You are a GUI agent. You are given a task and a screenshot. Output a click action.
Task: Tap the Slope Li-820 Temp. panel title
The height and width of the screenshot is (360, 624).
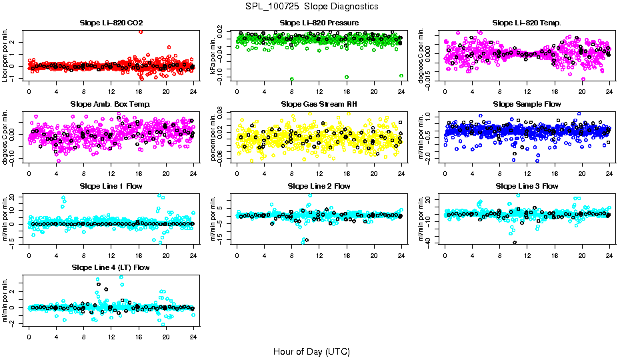(527, 23)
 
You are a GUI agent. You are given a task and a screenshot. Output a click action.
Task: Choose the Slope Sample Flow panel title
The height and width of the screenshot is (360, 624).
(527, 104)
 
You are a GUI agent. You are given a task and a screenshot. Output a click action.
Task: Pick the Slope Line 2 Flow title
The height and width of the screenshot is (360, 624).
(319, 186)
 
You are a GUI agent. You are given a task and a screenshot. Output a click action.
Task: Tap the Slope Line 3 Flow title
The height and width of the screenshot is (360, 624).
(527, 186)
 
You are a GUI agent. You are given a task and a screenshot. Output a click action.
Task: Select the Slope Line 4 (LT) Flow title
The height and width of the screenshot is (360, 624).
(111, 267)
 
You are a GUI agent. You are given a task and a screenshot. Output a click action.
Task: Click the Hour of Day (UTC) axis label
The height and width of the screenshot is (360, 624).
(311, 351)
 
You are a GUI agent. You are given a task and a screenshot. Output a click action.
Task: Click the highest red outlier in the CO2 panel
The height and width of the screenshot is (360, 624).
(140, 31)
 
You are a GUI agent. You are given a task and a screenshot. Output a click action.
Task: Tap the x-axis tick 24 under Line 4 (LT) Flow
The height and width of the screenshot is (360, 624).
(193, 337)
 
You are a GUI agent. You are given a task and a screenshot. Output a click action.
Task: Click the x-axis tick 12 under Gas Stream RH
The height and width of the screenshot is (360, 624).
(319, 173)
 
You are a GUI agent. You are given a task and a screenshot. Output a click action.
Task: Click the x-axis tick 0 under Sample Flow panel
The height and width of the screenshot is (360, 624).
(445, 173)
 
